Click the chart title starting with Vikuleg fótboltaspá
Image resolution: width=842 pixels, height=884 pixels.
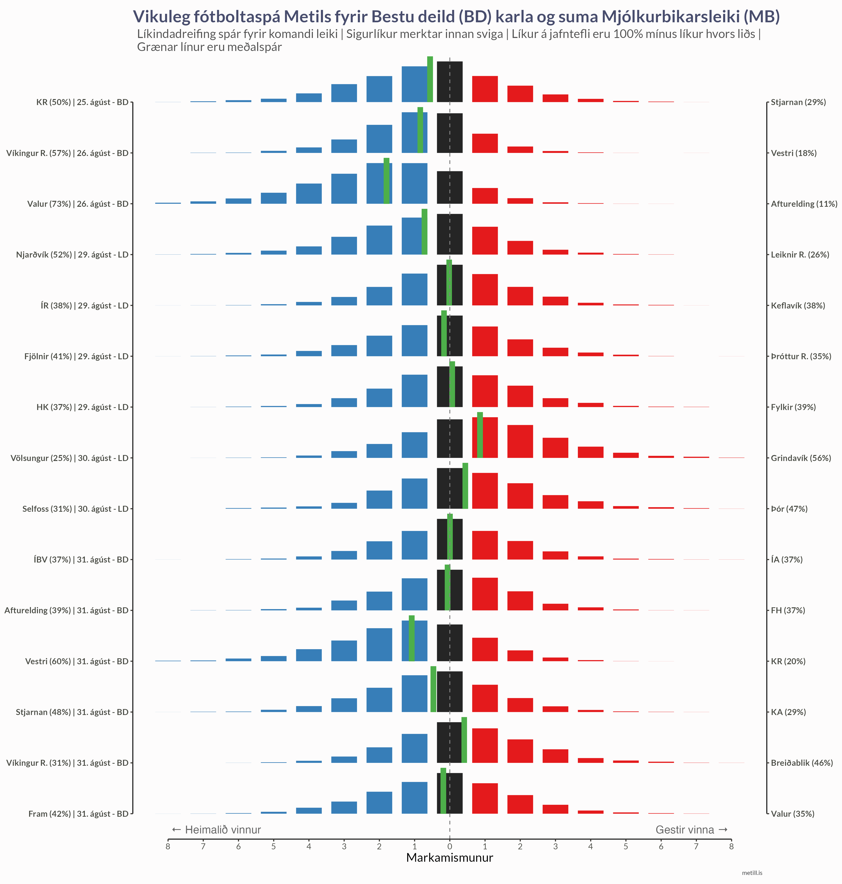[x=456, y=17]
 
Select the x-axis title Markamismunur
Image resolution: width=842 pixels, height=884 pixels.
[x=449, y=858]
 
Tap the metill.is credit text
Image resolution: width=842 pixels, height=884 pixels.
[x=752, y=873]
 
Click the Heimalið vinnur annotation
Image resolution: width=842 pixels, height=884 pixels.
[x=216, y=830]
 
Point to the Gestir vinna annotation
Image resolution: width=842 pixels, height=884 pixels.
[x=691, y=830]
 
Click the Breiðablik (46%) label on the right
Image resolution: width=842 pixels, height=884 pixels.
[x=802, y=763]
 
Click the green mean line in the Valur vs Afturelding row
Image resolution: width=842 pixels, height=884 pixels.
[x=387, y=181]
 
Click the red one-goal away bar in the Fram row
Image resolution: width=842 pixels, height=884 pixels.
[x=485, y=798]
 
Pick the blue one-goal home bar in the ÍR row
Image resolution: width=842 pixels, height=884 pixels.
[x=414, y=290]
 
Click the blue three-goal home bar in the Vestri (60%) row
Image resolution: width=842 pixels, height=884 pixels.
[x=344, y=651]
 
